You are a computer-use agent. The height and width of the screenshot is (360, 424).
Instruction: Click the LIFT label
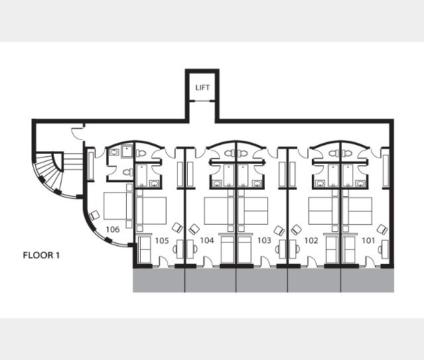tap(202, 88)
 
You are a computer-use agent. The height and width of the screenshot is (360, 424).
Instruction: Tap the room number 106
tap(113, 229)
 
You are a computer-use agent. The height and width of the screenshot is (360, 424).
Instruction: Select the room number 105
tap(162, 241)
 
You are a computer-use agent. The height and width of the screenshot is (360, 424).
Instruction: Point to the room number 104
tap(207, 241)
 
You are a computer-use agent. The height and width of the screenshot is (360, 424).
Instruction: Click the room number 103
tap(264, 241)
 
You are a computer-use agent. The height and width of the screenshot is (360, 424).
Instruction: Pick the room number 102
tap(311, 241)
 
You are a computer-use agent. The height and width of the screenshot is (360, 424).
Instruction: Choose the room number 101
tap(368, 241)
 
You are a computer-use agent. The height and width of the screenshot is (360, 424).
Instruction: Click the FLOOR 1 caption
tap(41, 255)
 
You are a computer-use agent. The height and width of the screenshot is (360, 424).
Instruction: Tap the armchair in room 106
tap(94, 215)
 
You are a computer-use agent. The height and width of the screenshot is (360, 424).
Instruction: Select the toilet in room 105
tap(141, 153)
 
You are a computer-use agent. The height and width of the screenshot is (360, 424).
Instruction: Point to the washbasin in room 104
tap(216, 184)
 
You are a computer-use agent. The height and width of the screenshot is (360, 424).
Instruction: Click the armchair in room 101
tap(382, 229)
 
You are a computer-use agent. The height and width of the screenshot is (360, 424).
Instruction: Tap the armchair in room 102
tap(296, 230)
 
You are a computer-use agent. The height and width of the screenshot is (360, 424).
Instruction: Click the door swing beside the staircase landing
tap(78, 133)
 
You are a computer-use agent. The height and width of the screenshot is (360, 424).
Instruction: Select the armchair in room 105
tap(177, 228)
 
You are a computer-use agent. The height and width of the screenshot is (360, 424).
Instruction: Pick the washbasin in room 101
tap(360, 184)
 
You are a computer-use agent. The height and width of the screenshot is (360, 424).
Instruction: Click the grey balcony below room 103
tap(261, 280)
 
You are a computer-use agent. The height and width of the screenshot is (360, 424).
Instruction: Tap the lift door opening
tap(202, 101)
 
